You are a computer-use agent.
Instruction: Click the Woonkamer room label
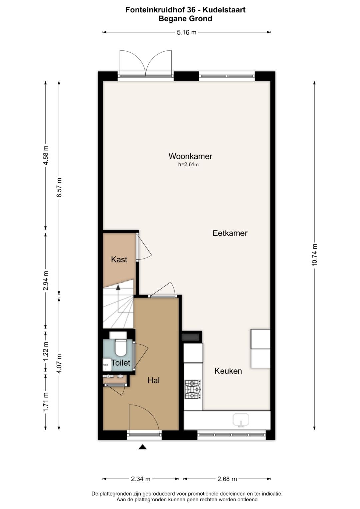pos(190,156)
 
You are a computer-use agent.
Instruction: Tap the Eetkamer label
pos(230,233)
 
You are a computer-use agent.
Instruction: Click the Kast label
pos(119,259)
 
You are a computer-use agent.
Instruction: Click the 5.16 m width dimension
pos(186,32)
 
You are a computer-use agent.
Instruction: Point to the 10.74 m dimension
pos(314,255)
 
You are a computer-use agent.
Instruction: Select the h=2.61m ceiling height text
pos(188,165)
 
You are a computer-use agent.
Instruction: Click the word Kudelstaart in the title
pos(224,10)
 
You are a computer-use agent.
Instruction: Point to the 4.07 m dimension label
pos(59,364)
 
